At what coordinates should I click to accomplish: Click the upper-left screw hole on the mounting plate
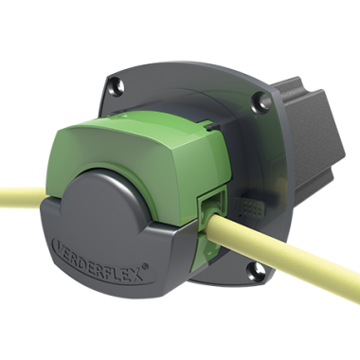pos(117,85)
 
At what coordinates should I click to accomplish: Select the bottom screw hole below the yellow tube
pos(256,271)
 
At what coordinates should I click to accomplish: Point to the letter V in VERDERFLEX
pos(60,244)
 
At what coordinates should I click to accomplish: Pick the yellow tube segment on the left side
pos(23,196)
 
